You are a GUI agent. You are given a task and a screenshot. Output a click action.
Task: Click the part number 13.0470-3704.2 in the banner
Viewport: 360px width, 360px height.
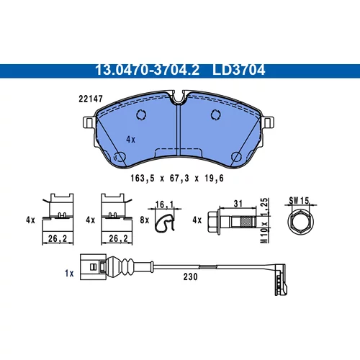[147, 70]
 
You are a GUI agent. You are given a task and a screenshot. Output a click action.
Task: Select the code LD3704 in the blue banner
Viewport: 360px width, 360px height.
[238, 70]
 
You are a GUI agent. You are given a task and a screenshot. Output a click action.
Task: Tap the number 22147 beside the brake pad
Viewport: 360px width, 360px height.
[91, 99]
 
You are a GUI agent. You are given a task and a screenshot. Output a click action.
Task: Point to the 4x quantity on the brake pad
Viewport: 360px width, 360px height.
[130, 140]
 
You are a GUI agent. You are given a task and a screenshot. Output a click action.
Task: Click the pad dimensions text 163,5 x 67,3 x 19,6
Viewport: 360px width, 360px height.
[177, 179]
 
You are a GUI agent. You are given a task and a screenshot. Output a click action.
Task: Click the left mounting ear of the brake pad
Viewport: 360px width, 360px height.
[89, 122]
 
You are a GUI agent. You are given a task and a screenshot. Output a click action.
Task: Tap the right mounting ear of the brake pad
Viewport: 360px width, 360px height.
[268, 122]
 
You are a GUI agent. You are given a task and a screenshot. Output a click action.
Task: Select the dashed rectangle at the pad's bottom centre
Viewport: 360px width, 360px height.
[179, 153]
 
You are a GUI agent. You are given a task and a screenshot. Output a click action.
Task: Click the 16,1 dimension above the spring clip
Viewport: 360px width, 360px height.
[164, 204]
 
